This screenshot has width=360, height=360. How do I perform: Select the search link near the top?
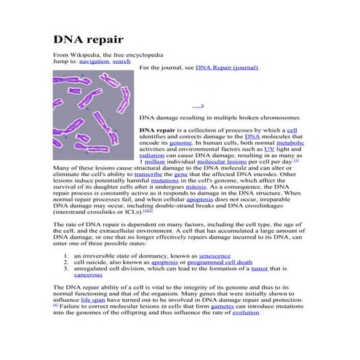click(121, 61)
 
